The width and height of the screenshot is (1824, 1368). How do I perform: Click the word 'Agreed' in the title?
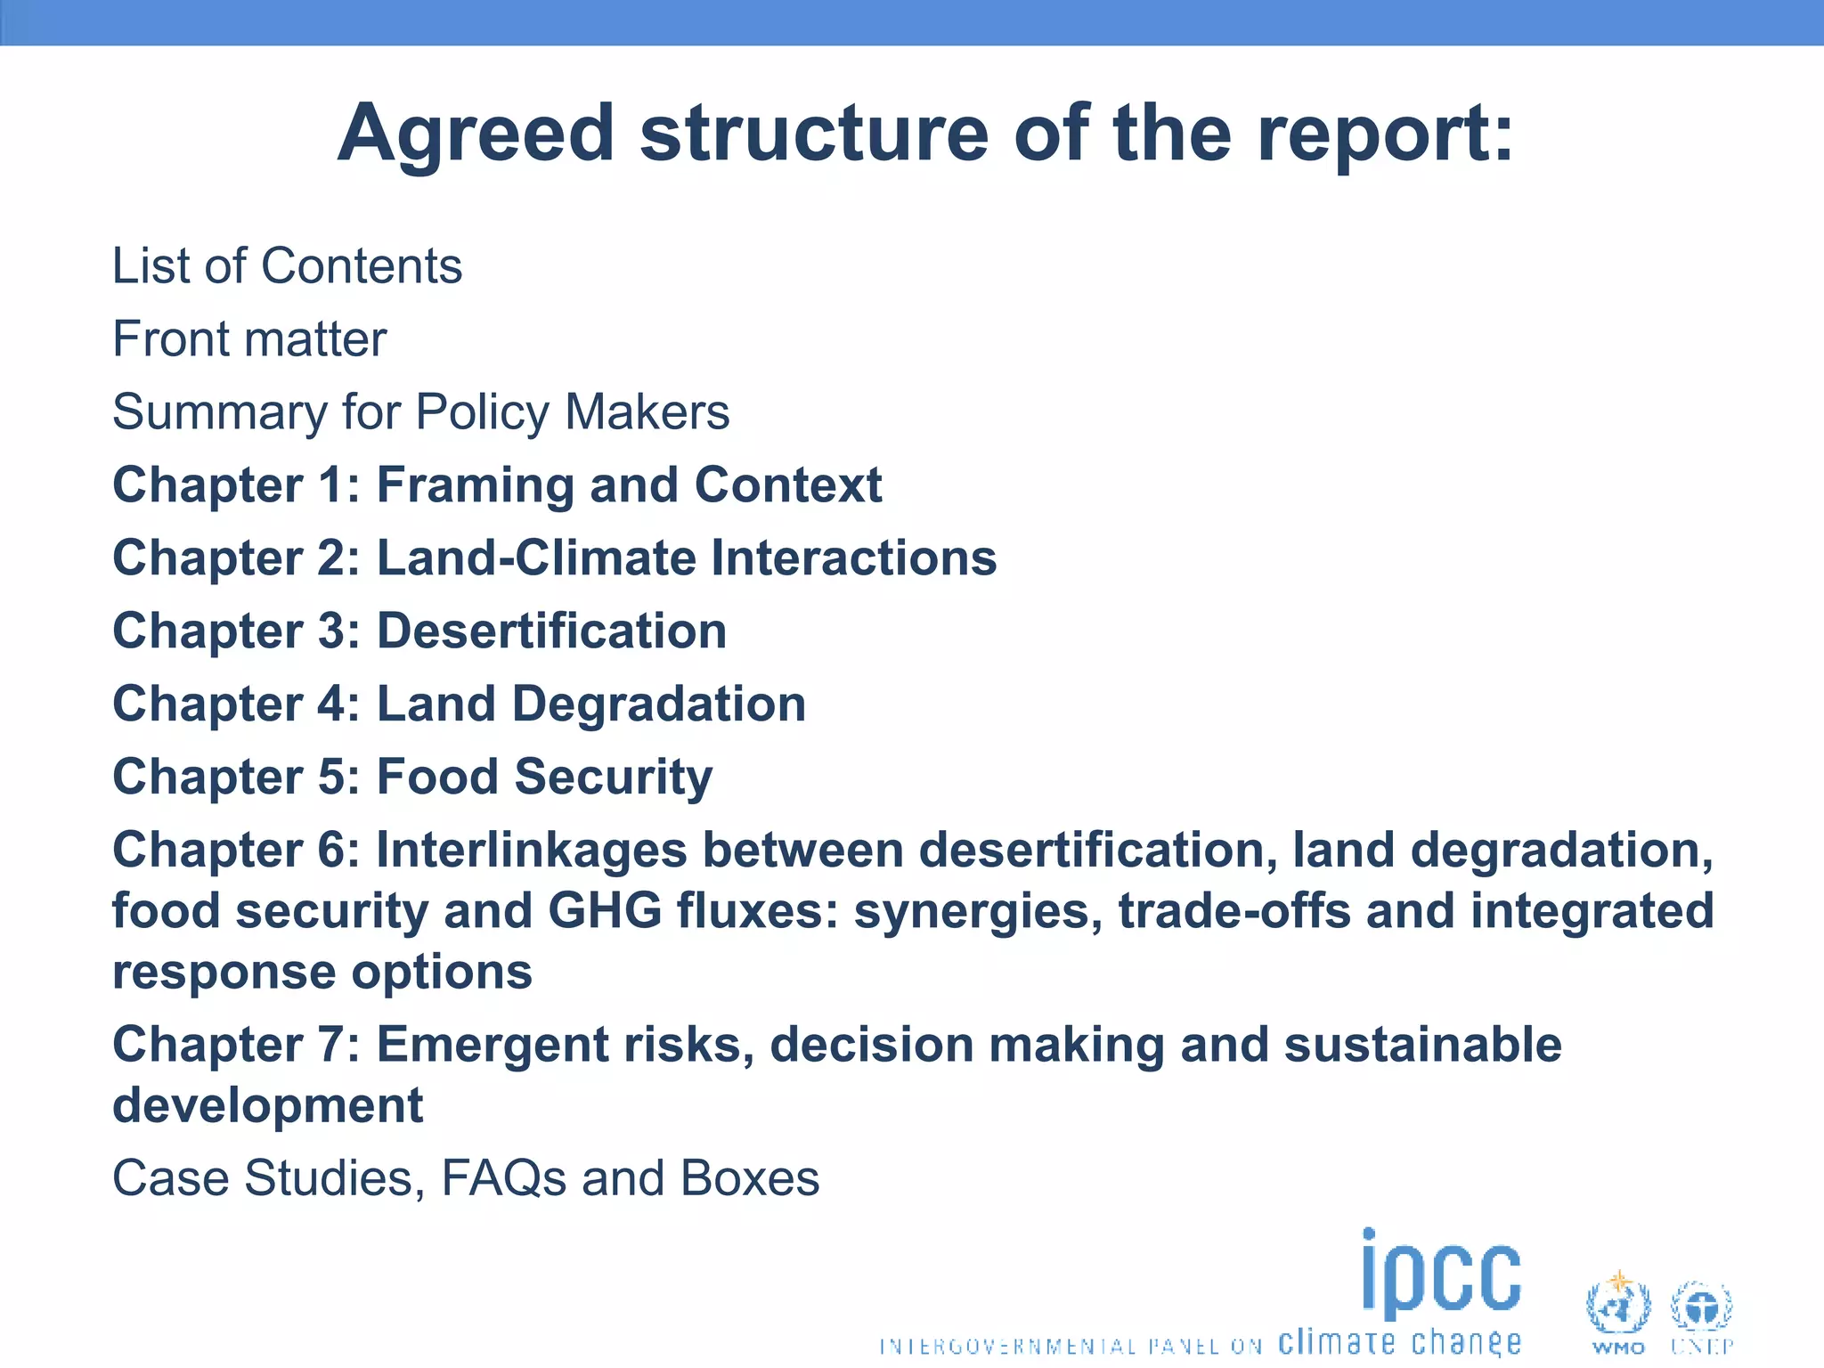[x=476, y=135]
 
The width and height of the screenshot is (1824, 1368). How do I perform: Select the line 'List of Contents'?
[x=287, y=265]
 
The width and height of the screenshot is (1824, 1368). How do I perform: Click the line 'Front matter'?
[x=249, y=339]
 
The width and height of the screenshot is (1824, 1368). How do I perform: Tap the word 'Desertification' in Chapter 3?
[x=551, y=631]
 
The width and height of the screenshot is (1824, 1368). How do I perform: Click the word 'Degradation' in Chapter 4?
[x=659, y=704]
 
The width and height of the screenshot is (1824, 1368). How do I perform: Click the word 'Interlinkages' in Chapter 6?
[x=531, y=850]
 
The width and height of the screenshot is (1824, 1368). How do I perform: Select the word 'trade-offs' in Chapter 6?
[x=1234, y=911]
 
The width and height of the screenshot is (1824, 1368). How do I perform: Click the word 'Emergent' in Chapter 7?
[x=493, y=1045]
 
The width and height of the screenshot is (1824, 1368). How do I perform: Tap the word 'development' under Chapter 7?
[x=267, y=1105]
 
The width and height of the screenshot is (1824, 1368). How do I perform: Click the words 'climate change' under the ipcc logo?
[x=1399, y=1342]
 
